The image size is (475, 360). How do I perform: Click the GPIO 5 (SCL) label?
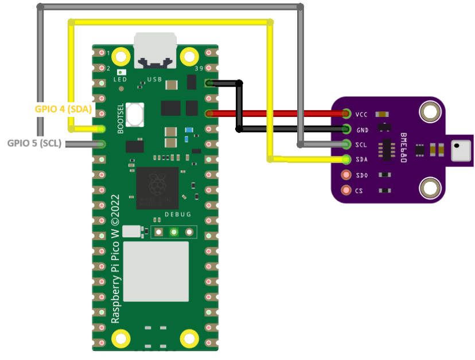click(34, 143)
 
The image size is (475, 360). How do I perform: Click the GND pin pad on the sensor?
click(346, 129)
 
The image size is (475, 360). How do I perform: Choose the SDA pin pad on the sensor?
click(346, 159)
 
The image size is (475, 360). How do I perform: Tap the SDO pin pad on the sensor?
click(346, 175)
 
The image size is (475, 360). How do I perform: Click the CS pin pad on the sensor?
click(346, 190)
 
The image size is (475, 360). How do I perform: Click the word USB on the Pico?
click(155, 79)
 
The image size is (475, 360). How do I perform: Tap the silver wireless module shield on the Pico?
click(156, 271)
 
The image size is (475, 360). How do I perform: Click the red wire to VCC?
click(287, 113)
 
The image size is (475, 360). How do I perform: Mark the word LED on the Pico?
click(120, 80)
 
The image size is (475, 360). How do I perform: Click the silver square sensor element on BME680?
click(461, 150)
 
